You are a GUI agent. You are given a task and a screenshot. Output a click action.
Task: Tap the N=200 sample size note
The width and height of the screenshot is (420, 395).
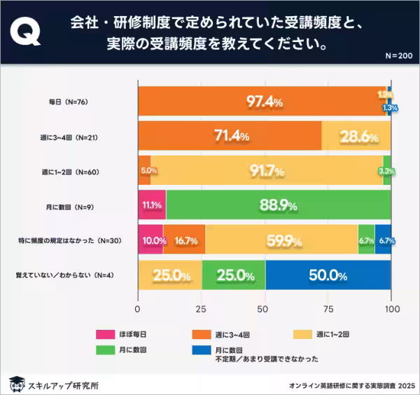point(399,55)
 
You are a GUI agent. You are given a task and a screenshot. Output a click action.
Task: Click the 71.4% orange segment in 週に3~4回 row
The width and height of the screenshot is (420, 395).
point(230,137)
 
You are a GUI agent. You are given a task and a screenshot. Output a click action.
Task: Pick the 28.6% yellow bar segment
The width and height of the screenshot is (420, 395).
point(356,137)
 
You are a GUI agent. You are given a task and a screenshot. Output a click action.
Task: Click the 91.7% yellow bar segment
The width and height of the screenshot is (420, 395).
point(267,171)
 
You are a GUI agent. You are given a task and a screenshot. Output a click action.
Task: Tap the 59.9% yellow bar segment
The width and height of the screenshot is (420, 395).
point(281,241)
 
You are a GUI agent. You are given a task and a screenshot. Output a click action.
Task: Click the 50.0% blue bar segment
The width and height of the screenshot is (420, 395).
point(328,275)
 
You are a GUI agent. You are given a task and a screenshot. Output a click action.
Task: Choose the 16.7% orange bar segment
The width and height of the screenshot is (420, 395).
point(184,241)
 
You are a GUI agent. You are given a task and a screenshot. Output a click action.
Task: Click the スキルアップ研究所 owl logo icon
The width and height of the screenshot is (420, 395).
point(16,382)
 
